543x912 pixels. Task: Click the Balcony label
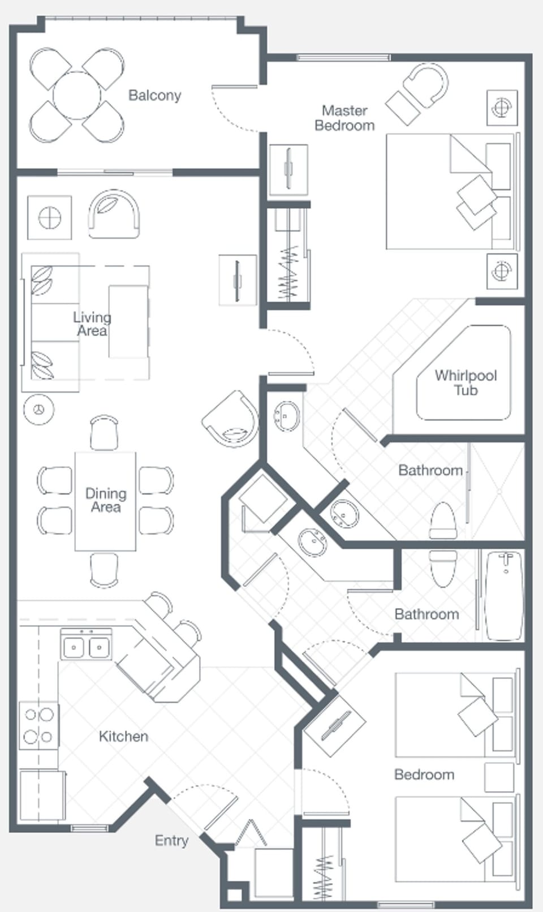click(x=154, y=95)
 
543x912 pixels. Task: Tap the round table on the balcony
click(x=77, y=95)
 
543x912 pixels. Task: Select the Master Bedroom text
click(x=344, y=118)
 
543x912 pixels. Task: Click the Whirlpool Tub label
click(x=465, y=382)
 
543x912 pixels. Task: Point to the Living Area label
click(x=92, y=324)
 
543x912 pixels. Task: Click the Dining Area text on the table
click(x=106, y=500)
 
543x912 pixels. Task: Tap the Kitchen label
click(x=123, y=736)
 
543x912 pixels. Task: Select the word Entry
click(x=171, y=840)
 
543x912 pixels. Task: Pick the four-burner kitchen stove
click(x=38, y=725)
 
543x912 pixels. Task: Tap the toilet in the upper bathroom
click(x=443, y=520)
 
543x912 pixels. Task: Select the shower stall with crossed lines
click(x=498, y=491)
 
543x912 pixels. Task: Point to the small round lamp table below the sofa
click(x=39, y=409)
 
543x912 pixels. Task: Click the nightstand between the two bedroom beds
click(x=499, y=776)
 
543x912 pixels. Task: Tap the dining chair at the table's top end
click(x=104, y=432)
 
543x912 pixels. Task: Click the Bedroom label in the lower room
click(x=424, y=775)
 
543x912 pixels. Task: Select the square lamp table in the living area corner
click(x=50, y=217)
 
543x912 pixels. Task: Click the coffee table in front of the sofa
click(x=128, y=321)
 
